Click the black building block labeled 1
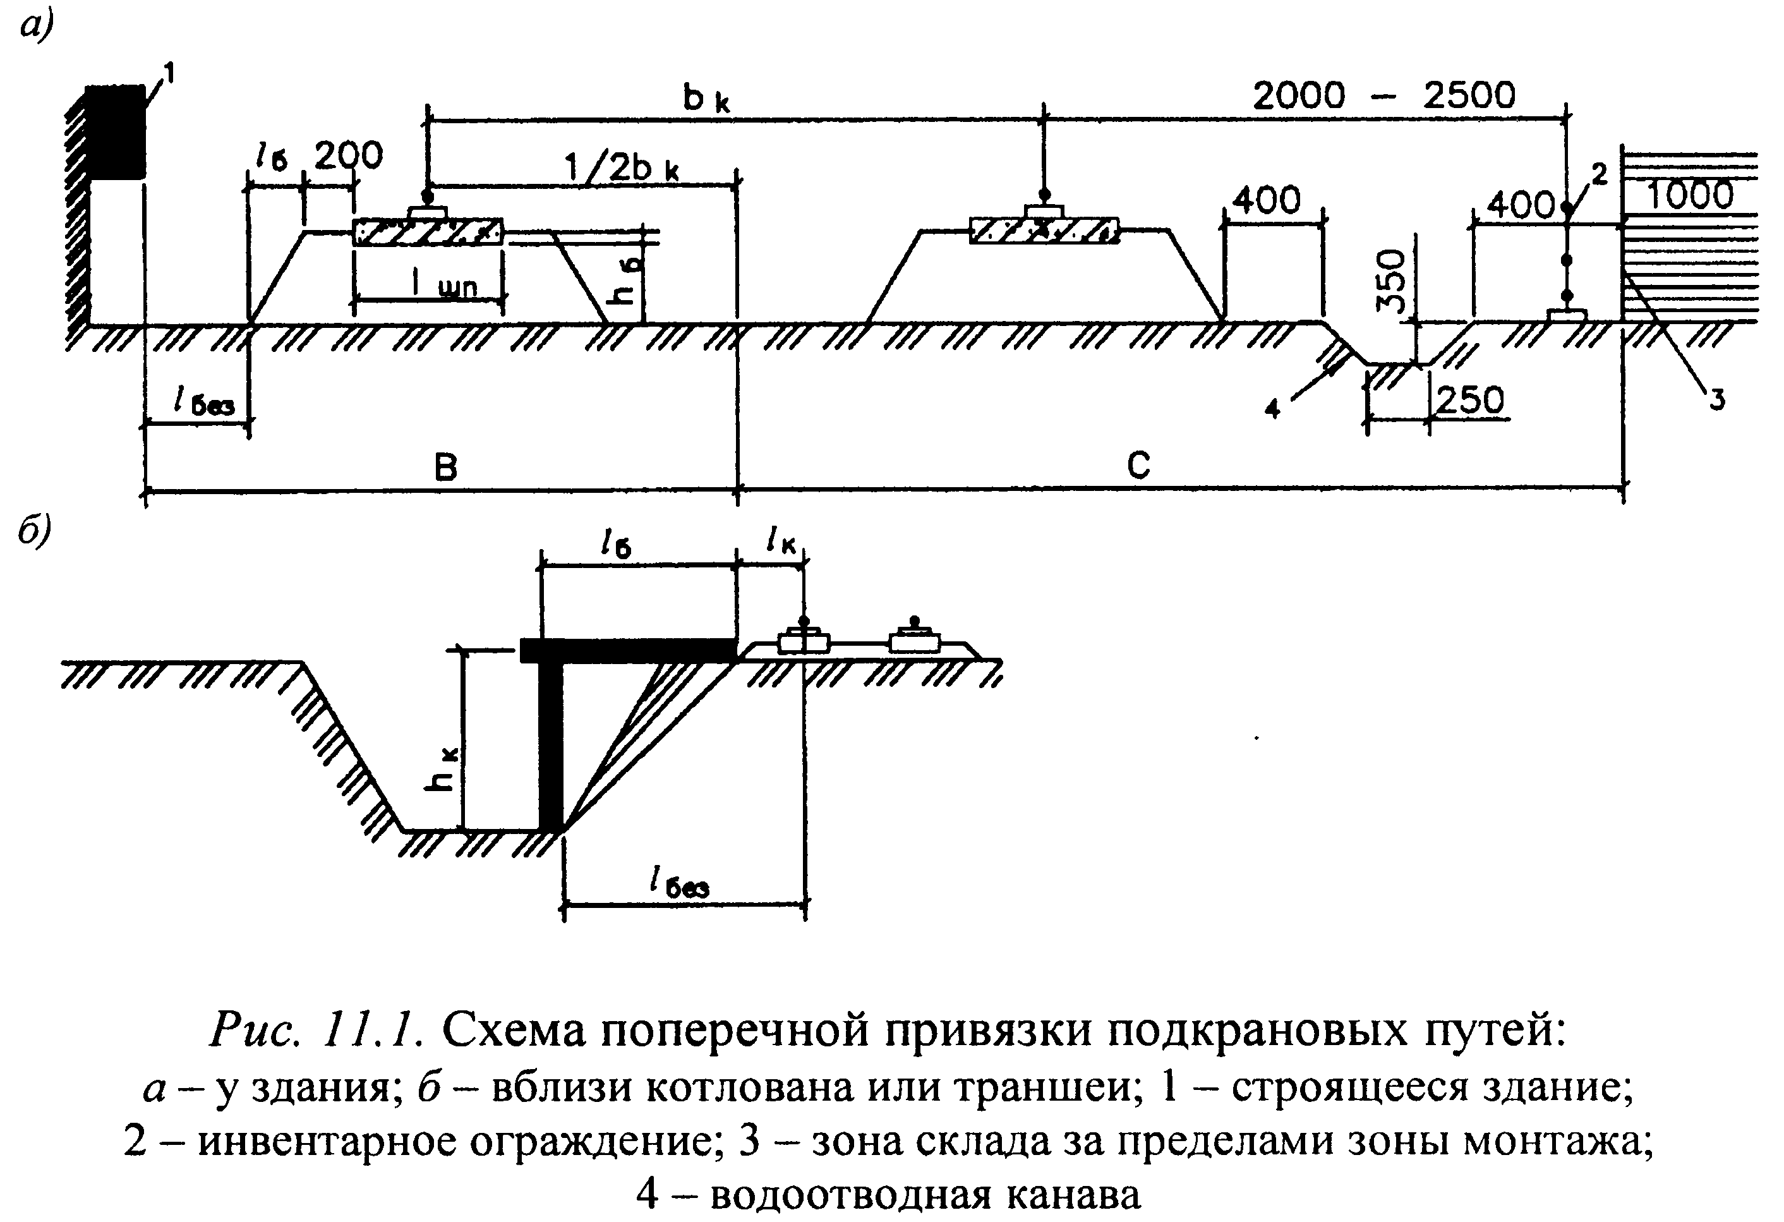tap(115, 132)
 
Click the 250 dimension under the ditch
tap(1469, 400)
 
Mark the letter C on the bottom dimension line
tap(1138, 465)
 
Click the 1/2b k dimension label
tap(622, 167)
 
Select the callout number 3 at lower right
tap(1716, 399)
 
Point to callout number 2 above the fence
tap(1599, 175)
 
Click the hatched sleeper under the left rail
tap(428, 232)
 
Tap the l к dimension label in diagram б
tap(781, 543)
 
